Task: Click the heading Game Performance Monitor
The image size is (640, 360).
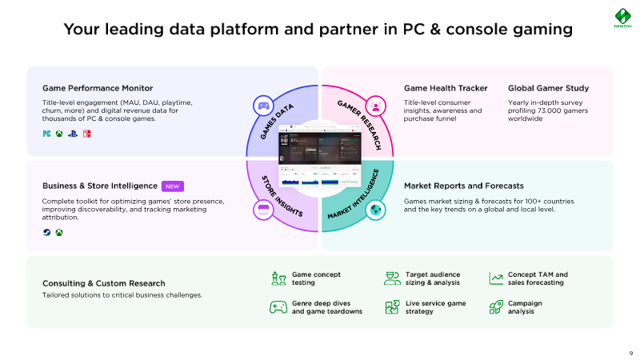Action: [98, 88]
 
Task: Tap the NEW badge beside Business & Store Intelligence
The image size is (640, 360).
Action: [173, 186]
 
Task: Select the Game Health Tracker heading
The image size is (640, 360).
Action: [446, 88]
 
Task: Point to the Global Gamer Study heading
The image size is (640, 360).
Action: [549, 88]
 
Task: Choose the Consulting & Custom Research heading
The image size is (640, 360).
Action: [103, 283]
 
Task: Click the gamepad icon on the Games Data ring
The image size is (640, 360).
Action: [262, 105]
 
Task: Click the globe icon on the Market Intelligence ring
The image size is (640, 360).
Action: [374, 210]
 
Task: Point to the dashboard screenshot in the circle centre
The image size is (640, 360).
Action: [318, 158]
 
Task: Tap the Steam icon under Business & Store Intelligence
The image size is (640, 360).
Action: [46, 233]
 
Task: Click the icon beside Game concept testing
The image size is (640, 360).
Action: [278, 278]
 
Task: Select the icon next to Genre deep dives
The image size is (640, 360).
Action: [278, 307]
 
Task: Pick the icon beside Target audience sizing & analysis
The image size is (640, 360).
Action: [392, 278]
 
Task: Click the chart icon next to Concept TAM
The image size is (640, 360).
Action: [495, 278]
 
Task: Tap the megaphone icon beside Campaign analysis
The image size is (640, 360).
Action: [495, 307]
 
